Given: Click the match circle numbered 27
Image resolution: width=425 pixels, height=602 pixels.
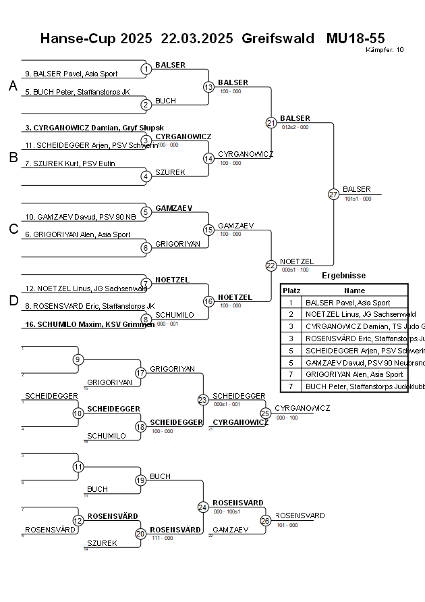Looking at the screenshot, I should [x=333, y=194].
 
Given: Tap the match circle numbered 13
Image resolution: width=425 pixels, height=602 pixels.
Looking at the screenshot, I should [x=208, y=86].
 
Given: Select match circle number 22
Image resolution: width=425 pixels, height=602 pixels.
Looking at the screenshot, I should [x=271, y=266].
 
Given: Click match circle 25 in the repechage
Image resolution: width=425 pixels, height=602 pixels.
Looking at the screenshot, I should [x=265, y=413].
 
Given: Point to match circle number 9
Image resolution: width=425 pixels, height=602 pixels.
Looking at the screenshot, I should [x=78, y=359].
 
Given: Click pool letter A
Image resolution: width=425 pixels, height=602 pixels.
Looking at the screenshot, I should [x=13, y=86].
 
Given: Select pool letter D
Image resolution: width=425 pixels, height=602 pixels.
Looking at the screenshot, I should [x=13, y=301].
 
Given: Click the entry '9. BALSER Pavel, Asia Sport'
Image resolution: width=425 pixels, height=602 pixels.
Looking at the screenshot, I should [x=72, y=74].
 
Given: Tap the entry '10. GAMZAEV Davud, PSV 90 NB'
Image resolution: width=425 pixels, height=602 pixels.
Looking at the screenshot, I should [x=80, y=217].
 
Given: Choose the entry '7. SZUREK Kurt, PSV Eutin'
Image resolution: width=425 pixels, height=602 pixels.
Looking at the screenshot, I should [x=70, y=164].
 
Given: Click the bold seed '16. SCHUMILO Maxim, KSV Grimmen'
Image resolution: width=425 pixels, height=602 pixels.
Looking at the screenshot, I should [x=90, y=325].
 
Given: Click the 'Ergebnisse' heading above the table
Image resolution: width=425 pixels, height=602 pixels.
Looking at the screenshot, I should [x=343, y=276].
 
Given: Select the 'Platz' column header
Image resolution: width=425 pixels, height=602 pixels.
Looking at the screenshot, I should [x=291, y=290].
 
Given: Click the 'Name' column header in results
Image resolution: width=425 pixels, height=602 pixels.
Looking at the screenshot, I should [x=354, y=290].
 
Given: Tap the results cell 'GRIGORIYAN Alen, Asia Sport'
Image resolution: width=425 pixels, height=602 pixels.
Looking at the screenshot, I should [x=354, y=374].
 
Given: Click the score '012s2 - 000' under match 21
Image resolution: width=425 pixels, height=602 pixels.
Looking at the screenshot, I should [x=295, y=127].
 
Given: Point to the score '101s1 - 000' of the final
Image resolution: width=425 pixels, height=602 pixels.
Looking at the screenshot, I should [x=358, y=199].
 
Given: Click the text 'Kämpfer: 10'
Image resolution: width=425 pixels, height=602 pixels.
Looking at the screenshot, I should [x=385, y=50].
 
